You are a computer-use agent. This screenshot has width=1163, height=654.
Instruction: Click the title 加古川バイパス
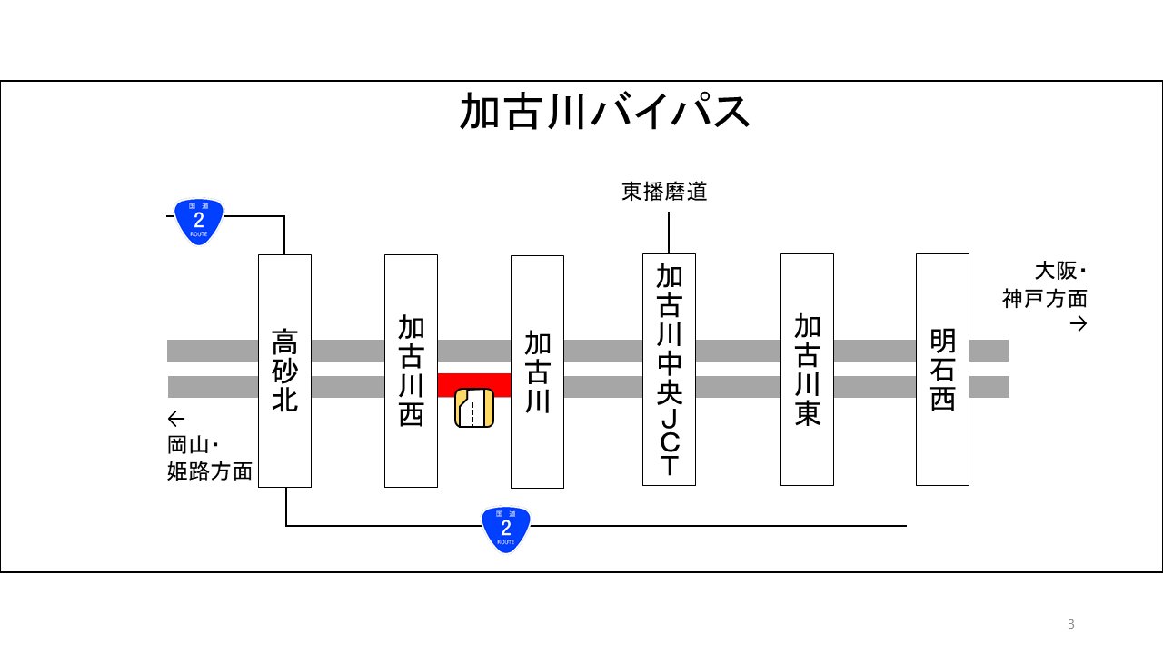pyautogui.click(x=605, y=113)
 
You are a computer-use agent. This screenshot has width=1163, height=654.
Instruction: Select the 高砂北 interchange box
pyautogui.click(x=284, y=371)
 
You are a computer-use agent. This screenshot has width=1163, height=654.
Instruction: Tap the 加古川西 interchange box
pyautogui.click(x=411, y=371)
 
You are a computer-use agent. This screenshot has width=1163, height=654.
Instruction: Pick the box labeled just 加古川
pyautogui.click(x=537, y=372)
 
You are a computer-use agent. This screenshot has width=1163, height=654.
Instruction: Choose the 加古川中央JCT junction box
pyautogui.click(x=669, y=370)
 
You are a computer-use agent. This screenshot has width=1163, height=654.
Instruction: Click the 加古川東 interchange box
pyautogui.click(x=807, y=370)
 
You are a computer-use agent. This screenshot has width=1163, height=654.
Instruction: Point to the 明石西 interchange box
pyautogui.click(x=942, y=370)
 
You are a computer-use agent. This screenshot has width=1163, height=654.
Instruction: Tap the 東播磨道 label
pyautogui.click(x=664, y=193)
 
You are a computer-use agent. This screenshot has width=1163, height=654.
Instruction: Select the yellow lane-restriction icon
pyautogui.click(x=474, y=408)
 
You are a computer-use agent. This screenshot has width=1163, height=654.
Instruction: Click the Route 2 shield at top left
pyautogui.click(x=198, y=221)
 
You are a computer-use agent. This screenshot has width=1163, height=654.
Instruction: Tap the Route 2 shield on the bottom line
pyautogui.click(x=505, y=529)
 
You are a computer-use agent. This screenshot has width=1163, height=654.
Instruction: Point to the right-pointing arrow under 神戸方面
pyautogui.click(x=1079, y=324)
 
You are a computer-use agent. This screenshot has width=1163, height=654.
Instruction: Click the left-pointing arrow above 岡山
pyautogui.click(x=176, y=419)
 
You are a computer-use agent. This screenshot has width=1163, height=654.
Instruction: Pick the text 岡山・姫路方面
pyautogui.click(x=210, y=459)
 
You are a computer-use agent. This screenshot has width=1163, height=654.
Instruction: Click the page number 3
pyautogui.click(x=1071, y=624)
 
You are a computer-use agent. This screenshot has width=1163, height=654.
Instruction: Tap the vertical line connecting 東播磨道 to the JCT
pyautogui.click(x=669, y=233)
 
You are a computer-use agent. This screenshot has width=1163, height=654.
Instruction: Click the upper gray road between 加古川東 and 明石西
pyautogui.click(x=874, y=351)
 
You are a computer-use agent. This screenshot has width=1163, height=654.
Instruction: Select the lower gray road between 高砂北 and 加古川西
pyautogui.click(x=347, y=387)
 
